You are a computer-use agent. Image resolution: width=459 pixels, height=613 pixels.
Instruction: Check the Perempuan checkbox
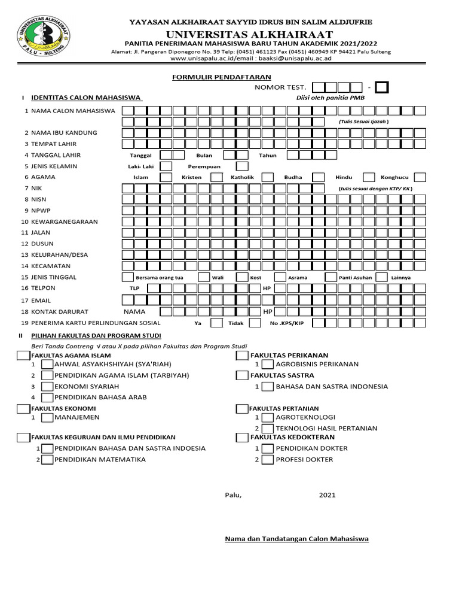coord(242,166)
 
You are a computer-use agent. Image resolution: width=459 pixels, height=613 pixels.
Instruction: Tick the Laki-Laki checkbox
coord(167,166)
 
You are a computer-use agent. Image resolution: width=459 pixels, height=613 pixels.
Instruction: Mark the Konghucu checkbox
coord(420,177)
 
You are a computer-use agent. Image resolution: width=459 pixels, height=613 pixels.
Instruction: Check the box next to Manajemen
coord(47,417)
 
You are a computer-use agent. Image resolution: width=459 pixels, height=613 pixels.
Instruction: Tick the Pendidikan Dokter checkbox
coord(268,448)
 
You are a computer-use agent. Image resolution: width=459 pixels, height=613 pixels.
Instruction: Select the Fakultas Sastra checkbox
coord(241,375)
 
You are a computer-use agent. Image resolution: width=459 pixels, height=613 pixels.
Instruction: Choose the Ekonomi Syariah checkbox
coord(47,387)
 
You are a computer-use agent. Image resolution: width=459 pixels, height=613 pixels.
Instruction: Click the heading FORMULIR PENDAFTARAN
coord(222,77)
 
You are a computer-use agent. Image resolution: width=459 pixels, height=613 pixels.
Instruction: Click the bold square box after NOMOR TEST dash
coord(382,88)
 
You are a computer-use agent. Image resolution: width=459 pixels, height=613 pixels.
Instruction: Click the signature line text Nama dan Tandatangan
coord(296,539)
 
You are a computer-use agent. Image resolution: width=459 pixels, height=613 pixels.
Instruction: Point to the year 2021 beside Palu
coord(327,495)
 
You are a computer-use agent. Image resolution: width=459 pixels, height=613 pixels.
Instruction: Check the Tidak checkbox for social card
coord(255,323)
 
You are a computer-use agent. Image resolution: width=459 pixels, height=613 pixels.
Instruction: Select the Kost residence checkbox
coord(242,278)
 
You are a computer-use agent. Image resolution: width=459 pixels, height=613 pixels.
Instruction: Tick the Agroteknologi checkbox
coord(268,417)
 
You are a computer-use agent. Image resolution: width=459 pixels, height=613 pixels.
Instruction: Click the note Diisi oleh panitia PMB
coord(330,98)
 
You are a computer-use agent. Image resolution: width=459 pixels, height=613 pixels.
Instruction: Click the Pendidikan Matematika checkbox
coord(47,460)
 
